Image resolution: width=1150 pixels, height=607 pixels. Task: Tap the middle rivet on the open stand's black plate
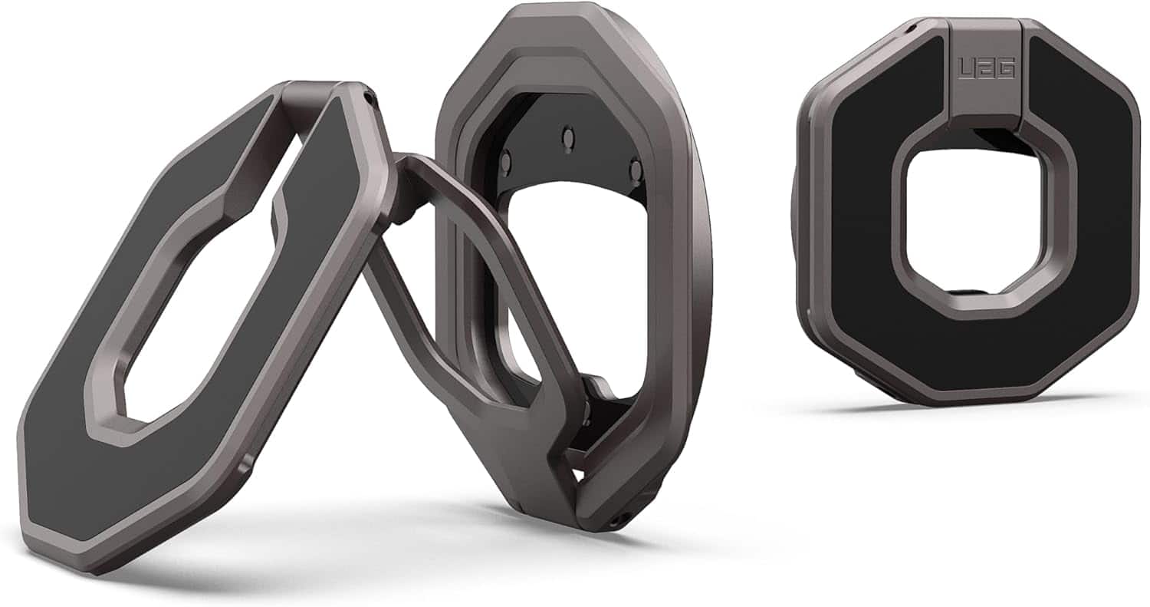568,137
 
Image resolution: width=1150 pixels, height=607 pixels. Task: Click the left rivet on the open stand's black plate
505,160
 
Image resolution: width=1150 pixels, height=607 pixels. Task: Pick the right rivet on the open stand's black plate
635,167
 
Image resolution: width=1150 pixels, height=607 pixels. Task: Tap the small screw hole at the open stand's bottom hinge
613,522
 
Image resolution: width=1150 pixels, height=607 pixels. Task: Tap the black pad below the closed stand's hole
974,345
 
